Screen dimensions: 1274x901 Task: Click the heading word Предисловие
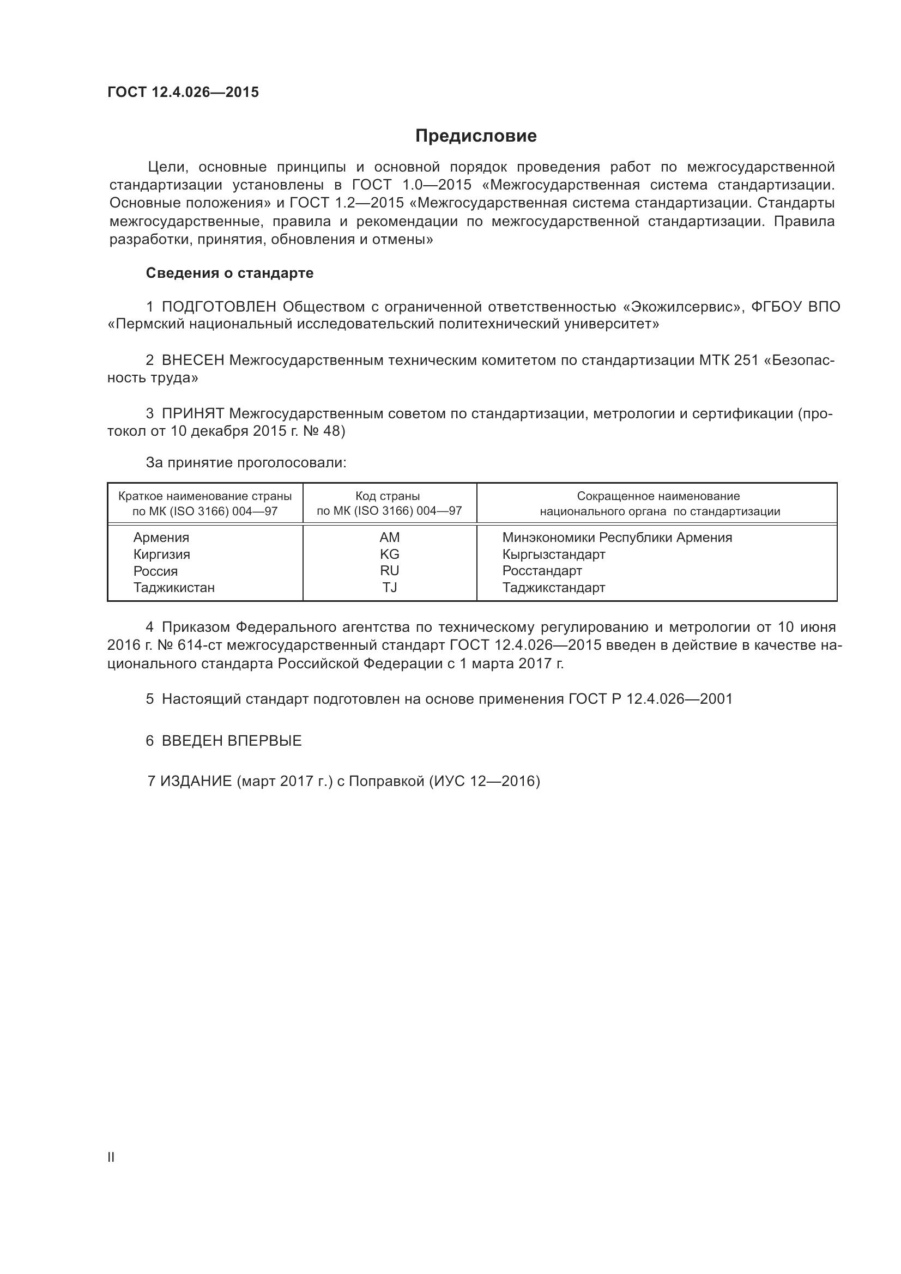tap(476, 136)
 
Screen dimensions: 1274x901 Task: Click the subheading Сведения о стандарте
tap(229, 273)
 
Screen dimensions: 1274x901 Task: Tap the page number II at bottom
tap(111, 1157)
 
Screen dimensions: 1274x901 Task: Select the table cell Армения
tap(161, 537)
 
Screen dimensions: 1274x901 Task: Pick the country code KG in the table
tap(390, 554)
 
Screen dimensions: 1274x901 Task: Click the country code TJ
tap(390, 587)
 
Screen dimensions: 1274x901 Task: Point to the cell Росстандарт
tap(542, 570)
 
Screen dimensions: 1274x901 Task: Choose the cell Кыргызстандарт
tap(553, 554)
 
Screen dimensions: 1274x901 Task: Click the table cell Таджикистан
tap(174, 587)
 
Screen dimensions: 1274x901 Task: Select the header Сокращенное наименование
tap(658, 496)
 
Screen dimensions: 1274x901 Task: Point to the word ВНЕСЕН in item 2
tap(192, 360)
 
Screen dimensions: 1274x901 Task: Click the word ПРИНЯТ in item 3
tap(192, 413)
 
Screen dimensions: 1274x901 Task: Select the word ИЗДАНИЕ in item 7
tap(196, 781)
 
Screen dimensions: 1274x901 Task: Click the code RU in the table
tap(390, 570)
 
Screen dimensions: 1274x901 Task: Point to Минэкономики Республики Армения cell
tap(617, 537)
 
